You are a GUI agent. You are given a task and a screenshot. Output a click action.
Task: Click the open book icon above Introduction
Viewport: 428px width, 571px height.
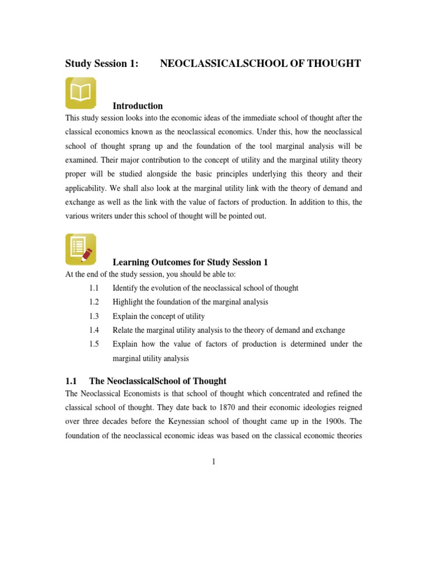click(81, 93)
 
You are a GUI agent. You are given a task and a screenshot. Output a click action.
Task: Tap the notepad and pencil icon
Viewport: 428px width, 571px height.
click(81, 249)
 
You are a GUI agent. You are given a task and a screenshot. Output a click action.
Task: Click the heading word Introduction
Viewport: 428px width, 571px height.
click(138, 106)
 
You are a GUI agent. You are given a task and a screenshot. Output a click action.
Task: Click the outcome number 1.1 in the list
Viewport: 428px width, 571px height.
click(93, 288)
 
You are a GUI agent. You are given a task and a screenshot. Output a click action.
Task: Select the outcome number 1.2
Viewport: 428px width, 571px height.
click(93, 302)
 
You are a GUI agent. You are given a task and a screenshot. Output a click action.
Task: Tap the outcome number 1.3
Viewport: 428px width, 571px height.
click(93, 316)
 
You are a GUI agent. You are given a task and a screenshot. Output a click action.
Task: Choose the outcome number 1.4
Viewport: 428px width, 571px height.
click(93, 330)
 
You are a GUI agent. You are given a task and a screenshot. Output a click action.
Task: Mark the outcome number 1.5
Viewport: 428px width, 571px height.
click(93, 344)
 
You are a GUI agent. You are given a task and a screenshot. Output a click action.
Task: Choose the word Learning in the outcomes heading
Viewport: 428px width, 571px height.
click(133, 262)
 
